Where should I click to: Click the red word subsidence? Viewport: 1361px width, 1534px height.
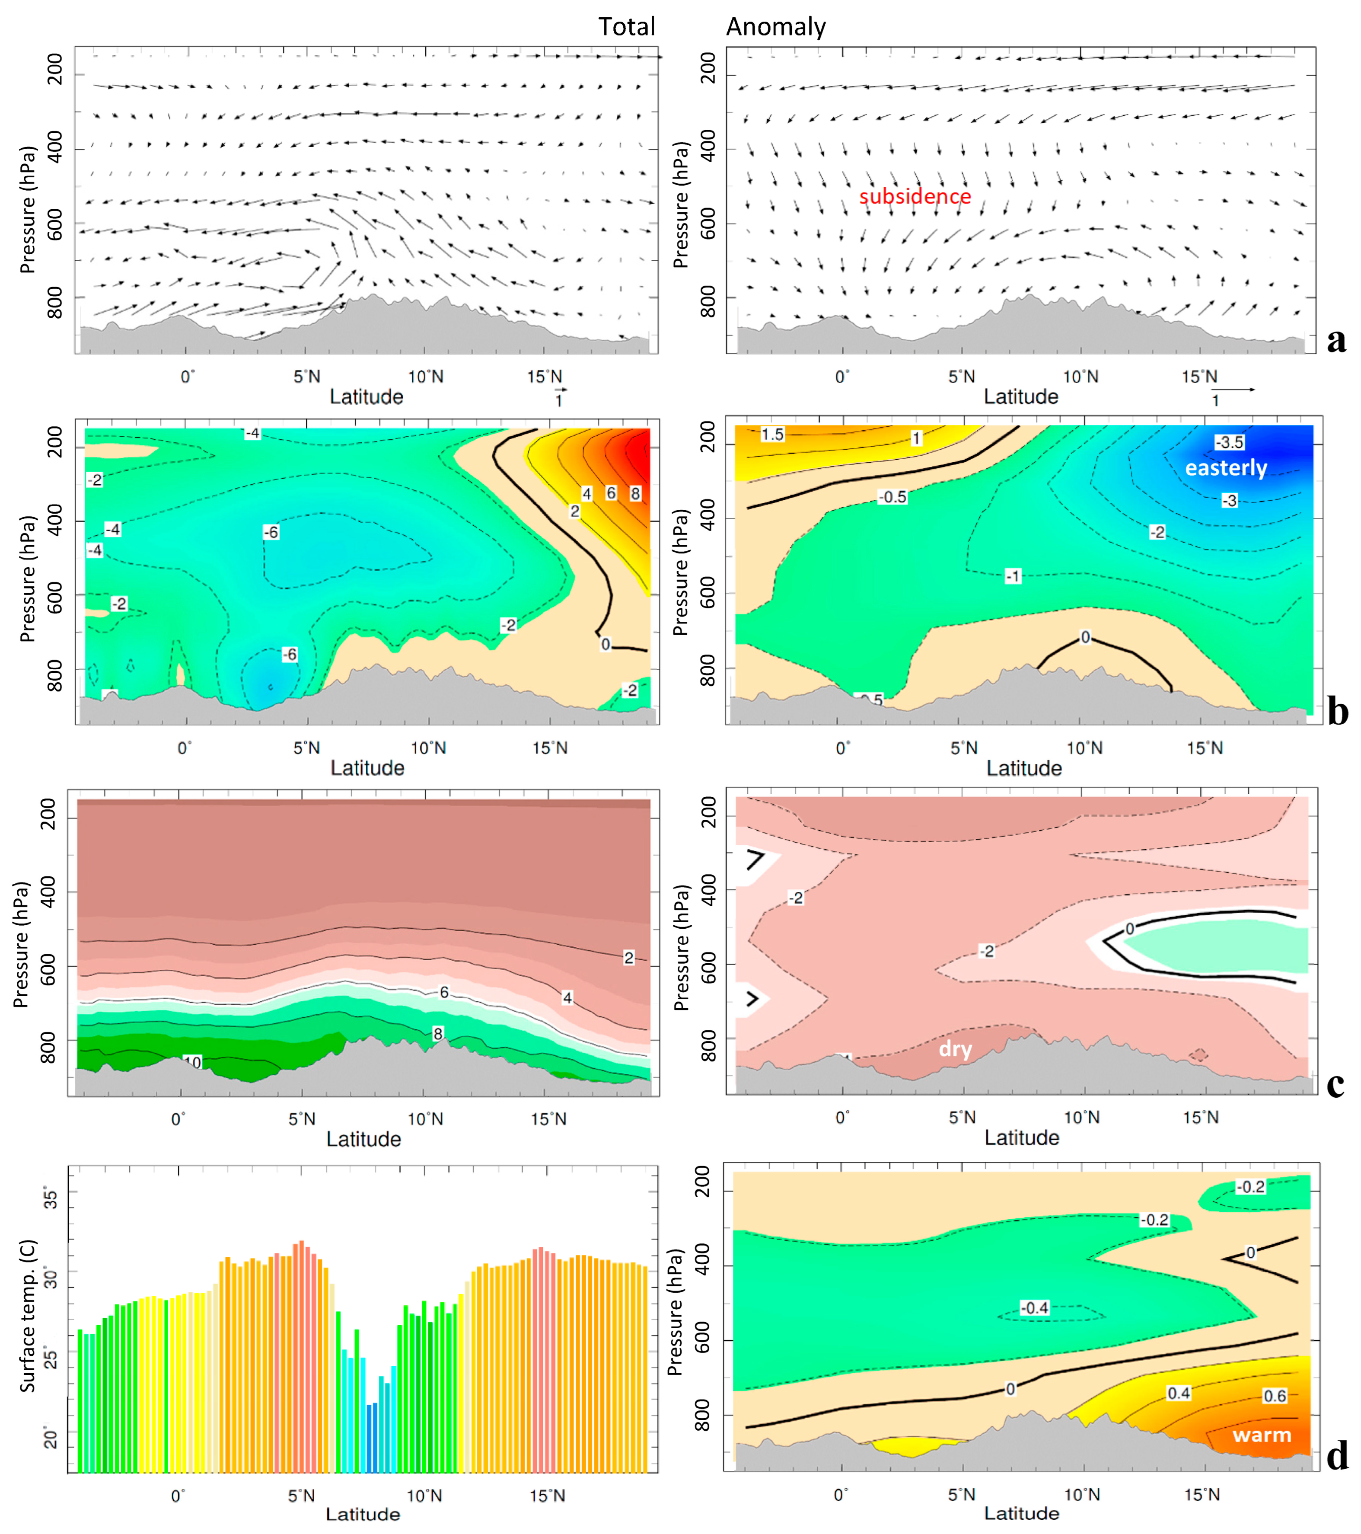[915, 197]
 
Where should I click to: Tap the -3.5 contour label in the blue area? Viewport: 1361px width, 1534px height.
[1229, 442]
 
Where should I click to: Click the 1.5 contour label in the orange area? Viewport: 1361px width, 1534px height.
[772, 435]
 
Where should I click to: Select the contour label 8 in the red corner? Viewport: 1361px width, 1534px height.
[635, 493]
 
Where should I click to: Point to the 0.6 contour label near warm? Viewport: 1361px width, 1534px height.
[1275, 1396]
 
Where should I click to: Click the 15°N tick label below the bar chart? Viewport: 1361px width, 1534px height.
[547, 1495]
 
